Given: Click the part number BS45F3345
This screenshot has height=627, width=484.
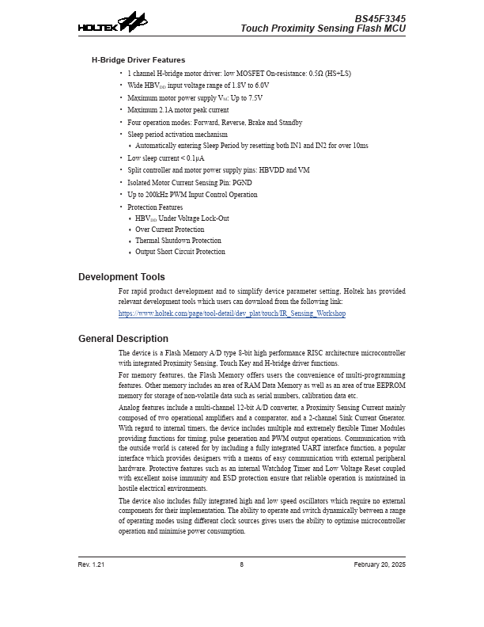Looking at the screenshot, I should pyautogui.click(x=380, y=17).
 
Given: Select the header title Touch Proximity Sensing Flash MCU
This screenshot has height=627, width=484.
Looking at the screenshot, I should pyautogui.click(x=323, y=28).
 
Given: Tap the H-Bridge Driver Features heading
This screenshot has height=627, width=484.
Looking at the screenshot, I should pyautogui.click(x=138, y=59).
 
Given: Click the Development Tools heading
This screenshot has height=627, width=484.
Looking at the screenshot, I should pyautogui.click(x=122, y=277).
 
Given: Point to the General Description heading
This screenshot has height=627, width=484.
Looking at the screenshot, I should pyautogui.click(x=123, y=339).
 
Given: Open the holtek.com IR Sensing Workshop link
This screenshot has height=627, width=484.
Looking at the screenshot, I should pyautogui.click(x=232, y=313).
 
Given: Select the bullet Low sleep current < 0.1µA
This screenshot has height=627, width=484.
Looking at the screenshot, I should pyautogui.click(x=161, y=158).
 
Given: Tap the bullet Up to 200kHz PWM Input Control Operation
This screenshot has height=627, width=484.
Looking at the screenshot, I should pyautogui.click(x=192, y=194).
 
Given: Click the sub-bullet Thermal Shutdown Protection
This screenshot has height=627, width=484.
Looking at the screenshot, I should pyautogui.click(x=178, y=241).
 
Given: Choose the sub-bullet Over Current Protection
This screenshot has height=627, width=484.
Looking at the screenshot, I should pyautogui.click(x=169, y=230).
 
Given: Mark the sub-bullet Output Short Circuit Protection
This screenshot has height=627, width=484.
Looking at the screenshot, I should pyautogui.click(x=180, y=252).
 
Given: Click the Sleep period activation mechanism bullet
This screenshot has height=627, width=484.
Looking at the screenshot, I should pyautogui.click(x=177, y=135).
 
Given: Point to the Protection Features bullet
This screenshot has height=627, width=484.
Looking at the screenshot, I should pyautogui.click(x=155, y=207).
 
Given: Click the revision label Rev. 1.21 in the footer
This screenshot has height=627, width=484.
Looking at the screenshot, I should pyautogui.click(x=91, y=564).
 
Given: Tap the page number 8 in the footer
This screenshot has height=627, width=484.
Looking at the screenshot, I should pyautogui.click(x=242, y=564).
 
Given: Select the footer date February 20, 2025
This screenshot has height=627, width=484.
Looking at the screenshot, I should pyautogui.click(x=380, y=564).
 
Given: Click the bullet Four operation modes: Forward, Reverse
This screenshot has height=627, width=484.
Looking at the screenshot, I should pyautogui.click(x=214, y=123).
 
